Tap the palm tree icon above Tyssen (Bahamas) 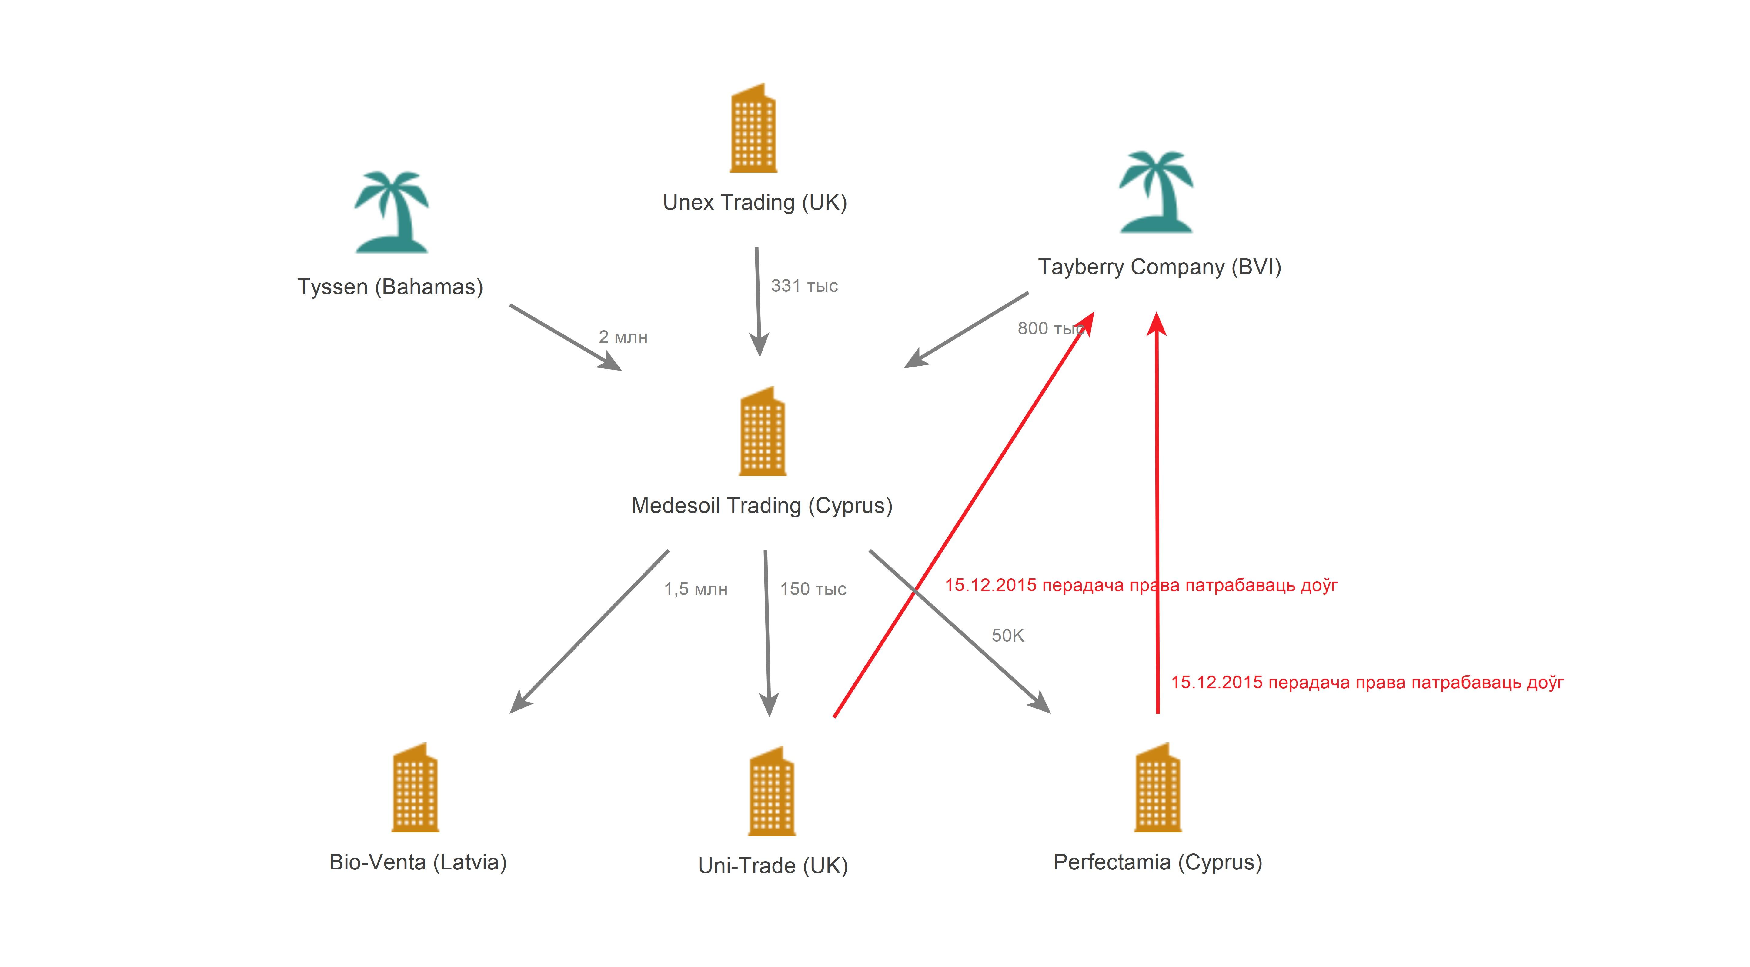[391, 212]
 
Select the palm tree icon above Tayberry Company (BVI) [1156, 192]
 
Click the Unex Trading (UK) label [755, 202]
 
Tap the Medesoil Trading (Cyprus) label [762, 506]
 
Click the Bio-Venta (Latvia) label [418, 862]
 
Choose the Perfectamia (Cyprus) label [1157, 862]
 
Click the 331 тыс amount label [804, 286]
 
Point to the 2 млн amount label [623, 337]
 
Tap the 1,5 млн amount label [696, 589]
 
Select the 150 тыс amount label [813, 589]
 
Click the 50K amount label [1007, 636]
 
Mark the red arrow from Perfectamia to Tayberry [1157, 513]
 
